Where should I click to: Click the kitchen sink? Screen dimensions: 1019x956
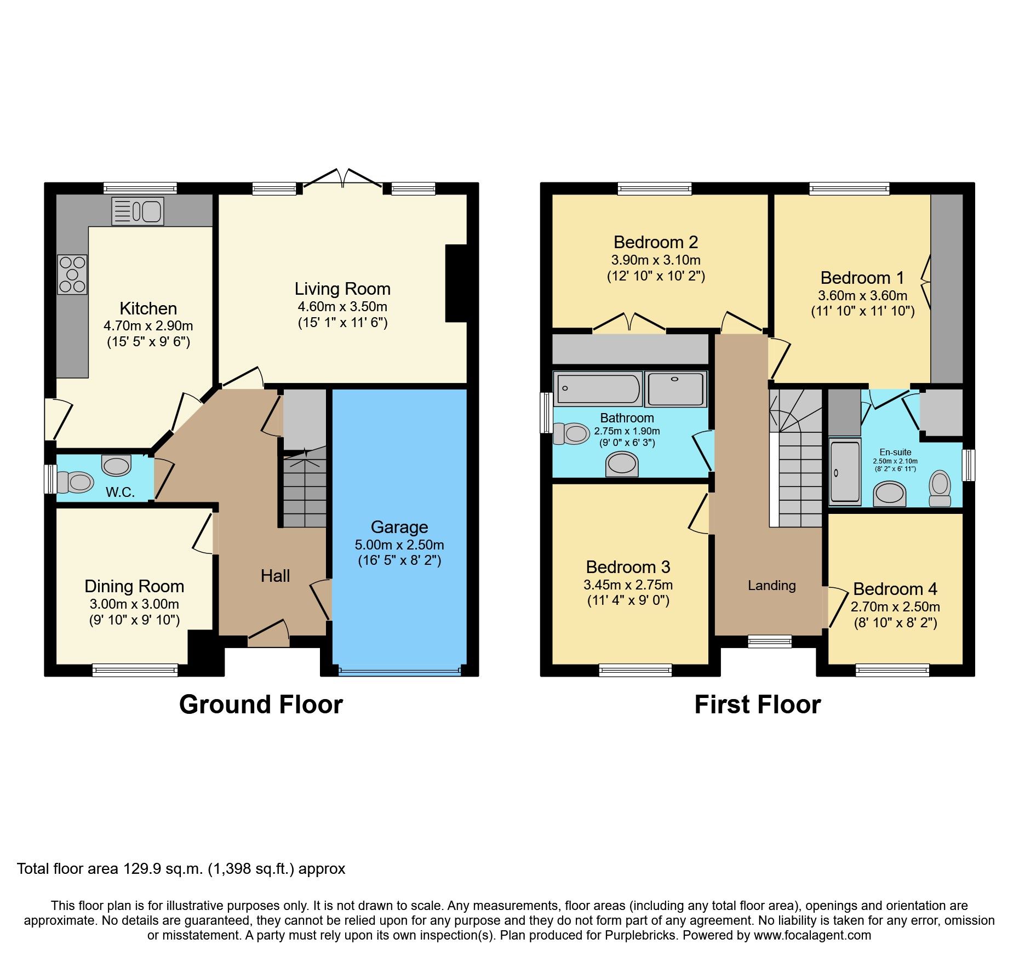tap(138, 211)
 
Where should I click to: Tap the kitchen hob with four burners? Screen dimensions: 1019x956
tap(72, 274)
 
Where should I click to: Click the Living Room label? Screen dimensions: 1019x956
tap(342, 289)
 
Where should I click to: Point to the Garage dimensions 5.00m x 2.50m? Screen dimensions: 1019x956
tap(399, 545)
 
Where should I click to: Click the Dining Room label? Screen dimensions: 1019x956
tap(134, 586)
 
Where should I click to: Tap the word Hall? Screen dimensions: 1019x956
tap(275, 576)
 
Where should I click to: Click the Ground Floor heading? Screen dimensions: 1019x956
tap(261, 705)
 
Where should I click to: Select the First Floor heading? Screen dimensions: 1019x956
tap(758, 705)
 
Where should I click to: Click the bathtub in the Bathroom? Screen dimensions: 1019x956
tap(597, 388)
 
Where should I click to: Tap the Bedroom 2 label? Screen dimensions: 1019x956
tap(656, 242)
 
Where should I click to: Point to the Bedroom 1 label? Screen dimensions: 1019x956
tap(862, 278)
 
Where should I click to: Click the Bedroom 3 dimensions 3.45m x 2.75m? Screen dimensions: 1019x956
tap(628, 585)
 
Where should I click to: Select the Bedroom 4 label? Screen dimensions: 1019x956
tap(895, 589)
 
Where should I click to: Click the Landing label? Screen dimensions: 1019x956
tap(771, 586)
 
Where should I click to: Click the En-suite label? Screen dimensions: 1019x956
tap(895, 452)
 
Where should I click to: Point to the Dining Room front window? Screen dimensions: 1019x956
tap(135, 669)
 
